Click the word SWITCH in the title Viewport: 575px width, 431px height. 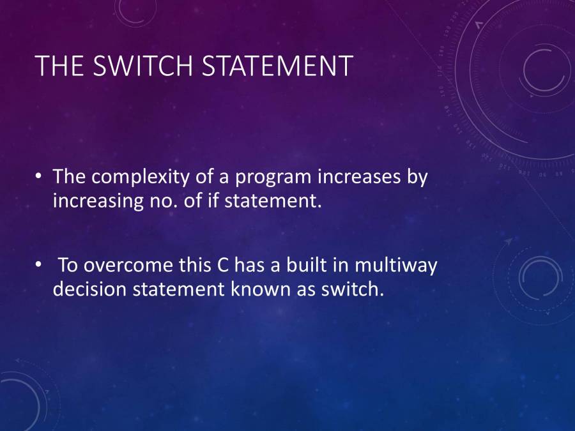coord(142,66)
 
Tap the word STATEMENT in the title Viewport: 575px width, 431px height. coord(278,66)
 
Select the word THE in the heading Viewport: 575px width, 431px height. coord(59,66)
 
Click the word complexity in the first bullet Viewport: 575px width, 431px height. coord(141,177)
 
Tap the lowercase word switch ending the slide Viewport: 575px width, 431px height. coord(352,289)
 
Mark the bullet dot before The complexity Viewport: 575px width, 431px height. coord(38,176)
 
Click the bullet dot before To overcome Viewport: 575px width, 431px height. coord(38,264)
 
